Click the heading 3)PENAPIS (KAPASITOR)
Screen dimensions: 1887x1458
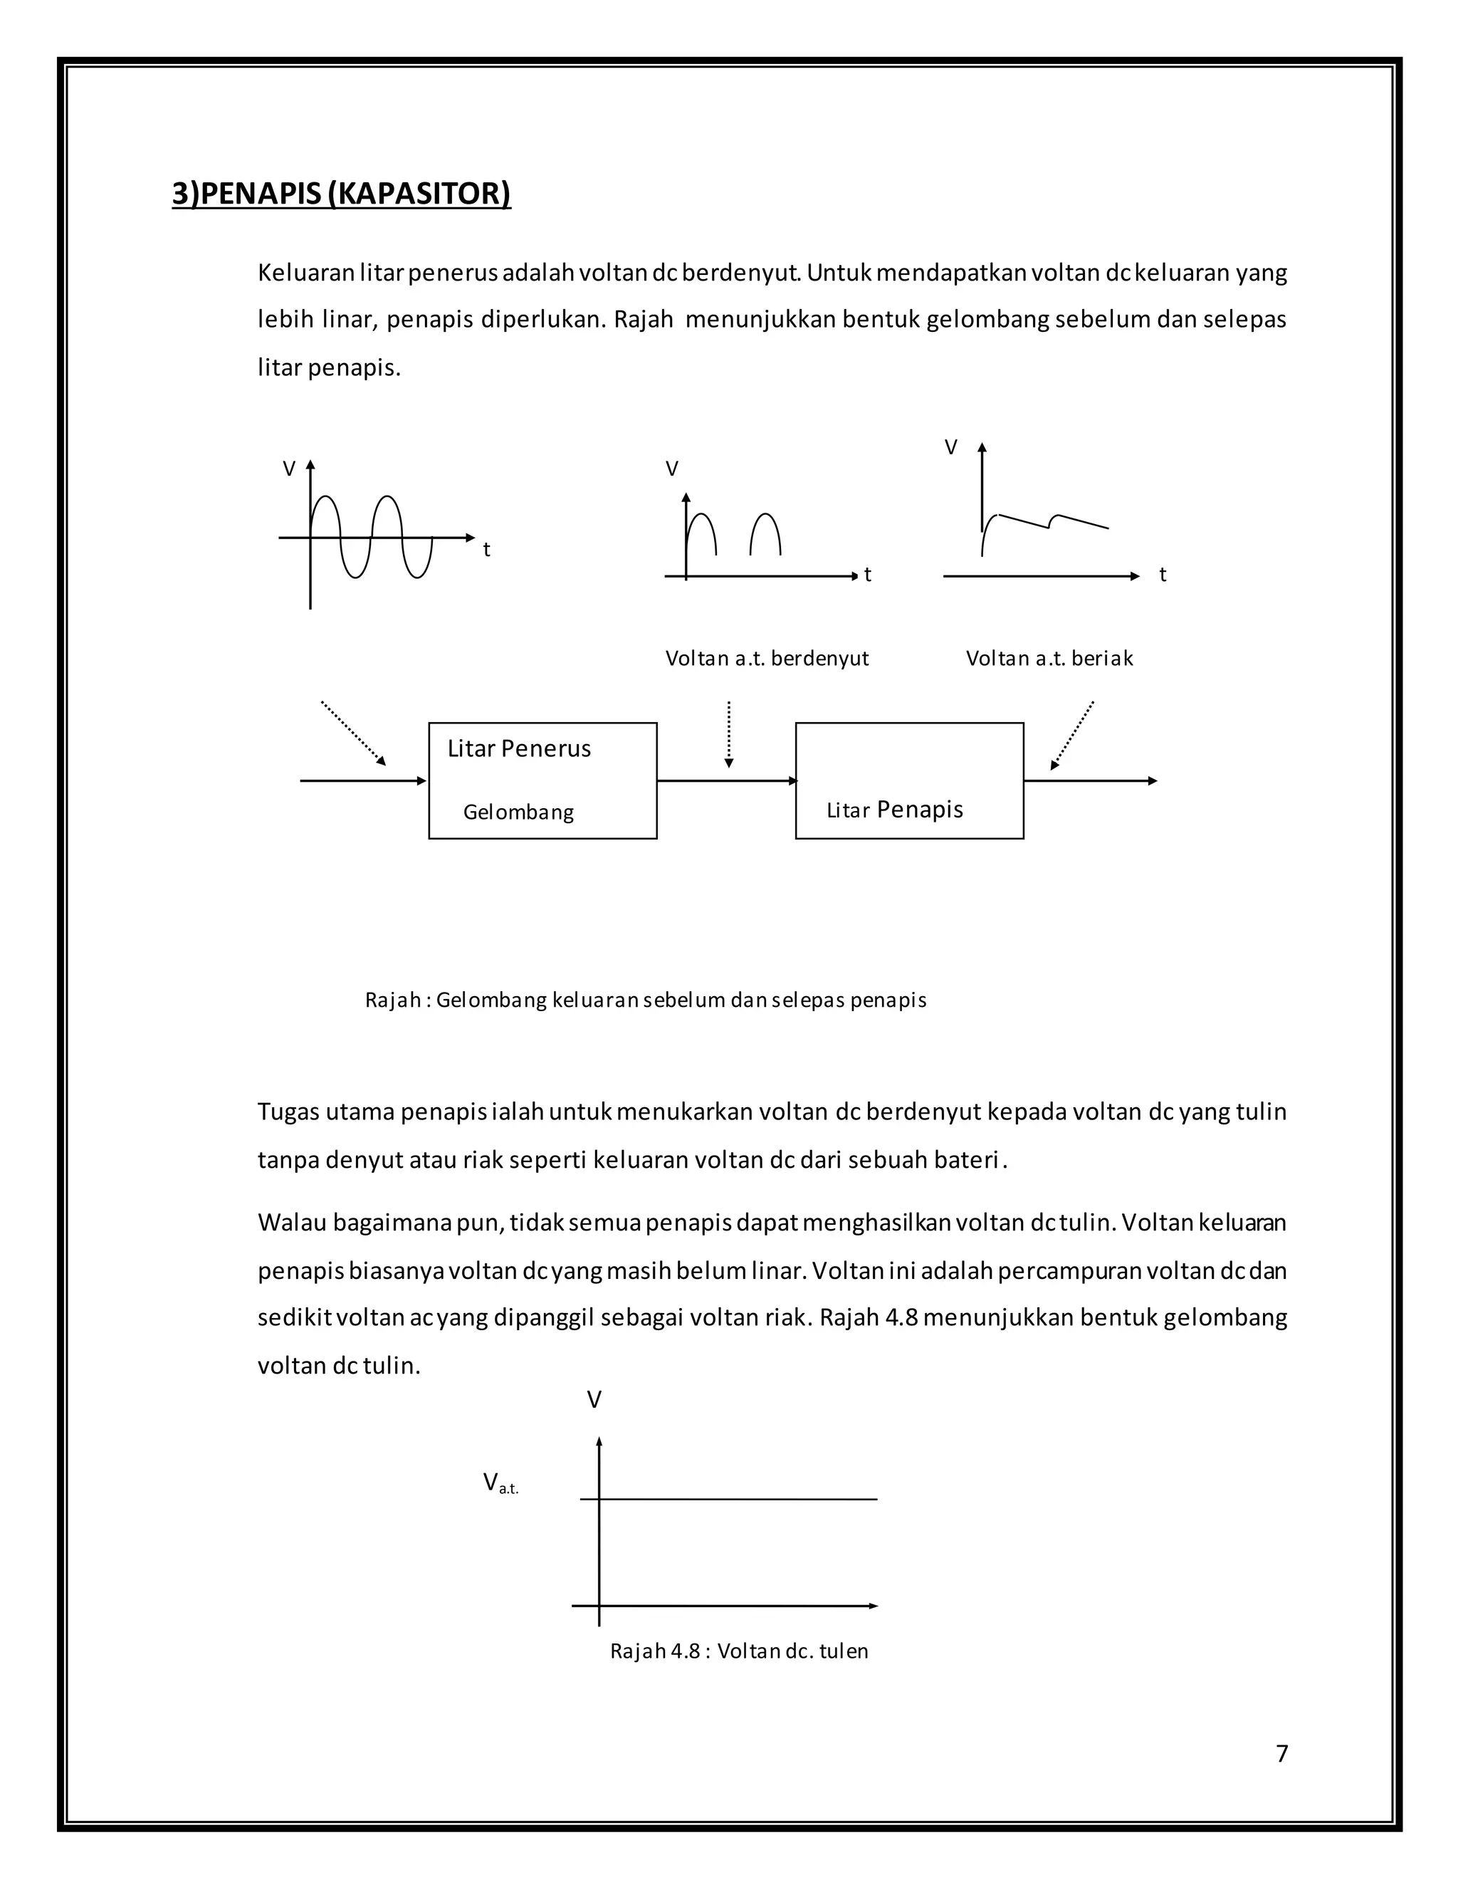click(341, 193)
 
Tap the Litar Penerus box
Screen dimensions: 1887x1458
click(542, 780)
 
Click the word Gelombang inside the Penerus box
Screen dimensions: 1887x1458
click(518, 812)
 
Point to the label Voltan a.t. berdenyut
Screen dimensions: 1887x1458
click(766, 659)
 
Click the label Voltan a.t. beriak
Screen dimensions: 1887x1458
click(1049, 659)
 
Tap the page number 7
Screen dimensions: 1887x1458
click(1281, 1753)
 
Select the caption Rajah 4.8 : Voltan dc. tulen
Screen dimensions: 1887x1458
click(738, 1651)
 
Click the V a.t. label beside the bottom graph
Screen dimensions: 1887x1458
click(500, 1483)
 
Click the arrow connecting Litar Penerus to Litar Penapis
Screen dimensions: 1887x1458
click(726, 781)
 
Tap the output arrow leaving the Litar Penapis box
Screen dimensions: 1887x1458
click(1090, 781)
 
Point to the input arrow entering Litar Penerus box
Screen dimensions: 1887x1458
click(363, 781)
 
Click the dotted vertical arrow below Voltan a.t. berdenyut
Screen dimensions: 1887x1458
click(729, 733)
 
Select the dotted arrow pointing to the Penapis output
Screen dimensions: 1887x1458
click(1073, 734)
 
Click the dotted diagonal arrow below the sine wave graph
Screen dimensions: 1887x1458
click(353, 733)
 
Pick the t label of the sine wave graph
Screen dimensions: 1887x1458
click(486, 550)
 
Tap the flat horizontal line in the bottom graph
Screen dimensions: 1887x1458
click(734, 1499)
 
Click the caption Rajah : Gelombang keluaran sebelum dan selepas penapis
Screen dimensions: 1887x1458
click(645, 1000)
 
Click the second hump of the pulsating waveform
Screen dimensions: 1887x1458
click(765, 531)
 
